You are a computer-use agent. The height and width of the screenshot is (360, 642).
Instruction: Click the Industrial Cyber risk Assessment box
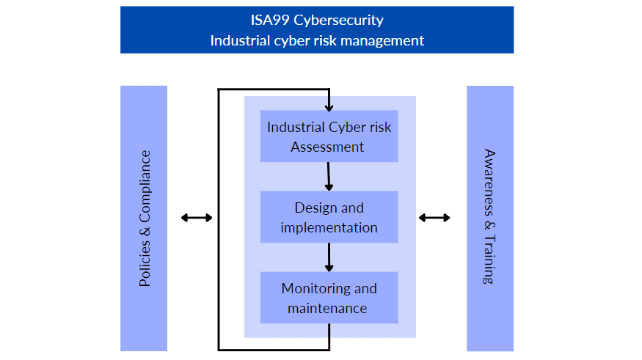click(x=329, y=136)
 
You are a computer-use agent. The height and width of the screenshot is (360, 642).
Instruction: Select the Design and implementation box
click(x=329, y=217)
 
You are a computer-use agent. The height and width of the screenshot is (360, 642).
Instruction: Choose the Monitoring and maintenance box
click(x=329, y=298)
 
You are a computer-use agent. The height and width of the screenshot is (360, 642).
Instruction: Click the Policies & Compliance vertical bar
click(x=144, y=218)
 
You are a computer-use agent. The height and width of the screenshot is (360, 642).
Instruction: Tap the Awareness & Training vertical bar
click(x=490, y=218)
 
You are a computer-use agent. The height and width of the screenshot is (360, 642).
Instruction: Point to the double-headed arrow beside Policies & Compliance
click(x=197, y=218)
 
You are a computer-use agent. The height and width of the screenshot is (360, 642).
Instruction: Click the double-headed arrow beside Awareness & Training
click(x=434, y=218)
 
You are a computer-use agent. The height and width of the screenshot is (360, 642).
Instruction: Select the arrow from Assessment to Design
click(x=329, y=176)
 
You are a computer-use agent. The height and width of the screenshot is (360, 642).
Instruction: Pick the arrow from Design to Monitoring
click(x=329, y=257)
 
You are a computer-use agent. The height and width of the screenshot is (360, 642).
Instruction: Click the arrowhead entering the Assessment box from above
click(x=329, y=107)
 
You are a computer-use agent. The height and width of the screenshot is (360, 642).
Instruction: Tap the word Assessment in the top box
click(x=327, y=147)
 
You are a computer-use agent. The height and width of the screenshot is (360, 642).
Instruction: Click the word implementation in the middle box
click(x=329, y=227)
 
